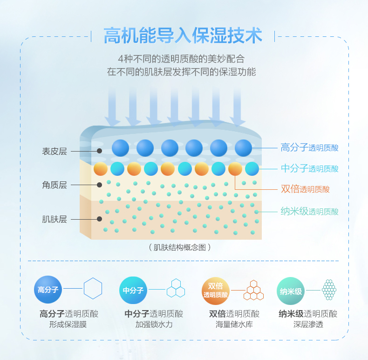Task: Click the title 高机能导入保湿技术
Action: pos(183,35)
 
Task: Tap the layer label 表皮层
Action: pos(55,151)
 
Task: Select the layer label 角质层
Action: pos(55,185)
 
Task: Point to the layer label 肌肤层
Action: pos(55,219)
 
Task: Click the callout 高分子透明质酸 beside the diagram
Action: pos(309,148)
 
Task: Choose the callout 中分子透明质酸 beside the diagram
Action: pos(309,168)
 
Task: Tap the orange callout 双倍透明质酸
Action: pos(305,189)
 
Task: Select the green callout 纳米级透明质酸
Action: pos(309,211)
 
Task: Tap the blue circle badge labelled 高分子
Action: pos(48,290)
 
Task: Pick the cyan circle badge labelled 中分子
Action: pos(133,290)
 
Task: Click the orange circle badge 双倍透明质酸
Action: pos(215,290)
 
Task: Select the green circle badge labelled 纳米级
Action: pos(291,290)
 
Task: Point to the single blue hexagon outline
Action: pos(93,288)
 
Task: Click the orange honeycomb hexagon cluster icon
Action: pos(253,290)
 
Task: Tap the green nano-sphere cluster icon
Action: pos(329,290)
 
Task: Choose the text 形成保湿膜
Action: pos(68,325)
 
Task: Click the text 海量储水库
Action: pos(234,325)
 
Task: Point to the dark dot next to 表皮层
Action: pos(99,151)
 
